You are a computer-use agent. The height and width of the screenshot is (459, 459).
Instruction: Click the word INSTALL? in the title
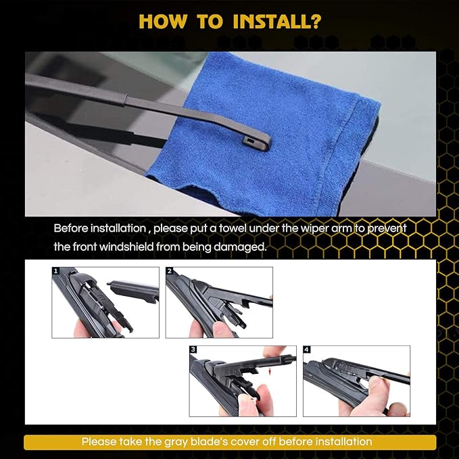[x=276, y=22]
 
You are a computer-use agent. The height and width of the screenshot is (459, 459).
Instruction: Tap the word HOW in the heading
[x=162, y=22]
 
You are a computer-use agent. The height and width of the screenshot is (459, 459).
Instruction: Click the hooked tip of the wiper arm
[x=257, y=143]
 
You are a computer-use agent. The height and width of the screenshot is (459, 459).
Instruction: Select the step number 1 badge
[x=55, y=271]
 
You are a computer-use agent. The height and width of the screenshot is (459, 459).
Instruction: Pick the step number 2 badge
[x=169, y=271]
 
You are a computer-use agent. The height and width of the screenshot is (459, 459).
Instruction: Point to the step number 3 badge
[x=193, y=349]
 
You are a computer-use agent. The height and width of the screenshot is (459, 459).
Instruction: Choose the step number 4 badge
[x=306, y=349]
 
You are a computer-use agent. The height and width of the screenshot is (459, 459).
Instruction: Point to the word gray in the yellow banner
[x=176, y=442]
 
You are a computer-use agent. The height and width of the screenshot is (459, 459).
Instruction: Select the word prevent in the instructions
[x=387, y=228]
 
